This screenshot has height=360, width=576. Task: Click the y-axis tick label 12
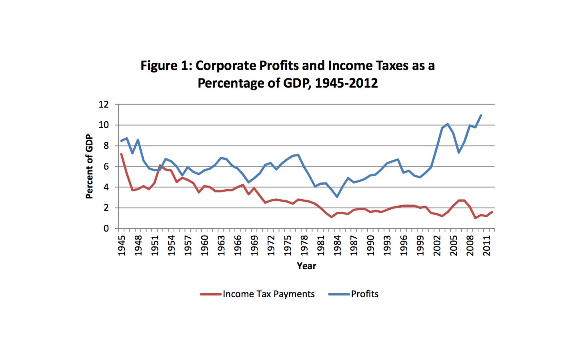pyautogui.click(x=104, y=105)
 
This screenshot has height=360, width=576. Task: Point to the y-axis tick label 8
pyautogui.click(x=106, y=146)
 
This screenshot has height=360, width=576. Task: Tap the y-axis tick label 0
pyautogui.click(x=106, y=228)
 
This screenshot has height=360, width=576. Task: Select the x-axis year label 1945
pyautogui.click(x=122, y=245)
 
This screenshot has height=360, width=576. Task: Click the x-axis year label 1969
pyautogui.click(x=254, y=245)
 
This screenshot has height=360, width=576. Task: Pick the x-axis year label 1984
pyautogui.click(x=337, y=245)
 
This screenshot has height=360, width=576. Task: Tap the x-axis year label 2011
pyautogui.click(x=487, y=245)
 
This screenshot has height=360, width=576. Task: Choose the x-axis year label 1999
pyautogui.click(x=420, y=245)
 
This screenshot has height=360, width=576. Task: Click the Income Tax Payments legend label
pyautogui.click(x=268, y=294)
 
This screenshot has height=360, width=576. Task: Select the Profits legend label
pyautogui.click(x=364, y=294)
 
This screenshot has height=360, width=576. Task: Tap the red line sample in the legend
pyautogui.click(x=210, y=294)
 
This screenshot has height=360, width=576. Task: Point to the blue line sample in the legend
pyautogui.click(x=339, y=294)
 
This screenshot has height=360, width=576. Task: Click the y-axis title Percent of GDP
pyautogui.click(x=89, y=166)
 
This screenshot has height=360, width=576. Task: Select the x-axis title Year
pyautogui.click(x=306, y=266)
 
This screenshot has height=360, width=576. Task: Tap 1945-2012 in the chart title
pyautogui.click(x=346, y=83)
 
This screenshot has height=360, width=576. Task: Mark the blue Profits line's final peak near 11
pyautogui.click(x=481, y=115)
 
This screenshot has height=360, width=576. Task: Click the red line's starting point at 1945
pyautogui.click(x=121, y=154)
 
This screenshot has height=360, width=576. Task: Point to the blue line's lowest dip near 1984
pyautogui.click(x=337, y=197)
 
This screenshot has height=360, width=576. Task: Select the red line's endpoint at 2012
pyautogui.click(x=492, y=212)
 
